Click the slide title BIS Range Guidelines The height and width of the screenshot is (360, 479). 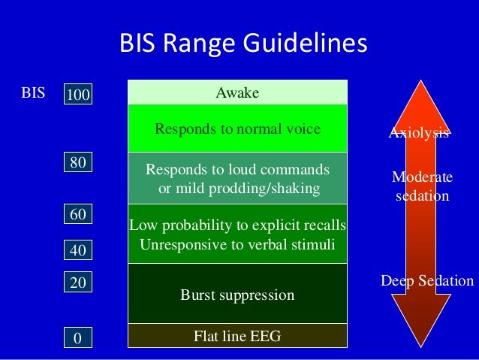coord(243,44)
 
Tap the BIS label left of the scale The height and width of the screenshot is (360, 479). coord(33,94)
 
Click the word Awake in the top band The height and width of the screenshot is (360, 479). coord(237,93)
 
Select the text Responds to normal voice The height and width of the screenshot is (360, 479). coord(237,129)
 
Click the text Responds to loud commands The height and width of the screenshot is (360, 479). coord(237,168)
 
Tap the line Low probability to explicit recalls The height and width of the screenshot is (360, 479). coord(237,225)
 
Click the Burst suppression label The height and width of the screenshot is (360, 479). coord(237,295)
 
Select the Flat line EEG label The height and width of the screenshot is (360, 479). coord(237,336)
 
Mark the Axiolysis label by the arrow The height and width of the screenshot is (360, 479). coord(419,134)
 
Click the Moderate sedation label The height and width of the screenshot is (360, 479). coord(423,187)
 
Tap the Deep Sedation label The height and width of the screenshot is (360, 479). coord(427,281)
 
